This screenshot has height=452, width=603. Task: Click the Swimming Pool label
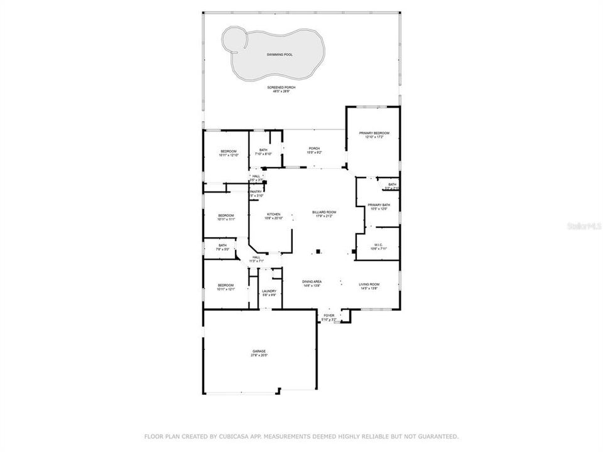tap(280, 55)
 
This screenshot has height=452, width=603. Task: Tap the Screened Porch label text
tap(281, 88)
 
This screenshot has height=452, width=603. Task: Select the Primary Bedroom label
tap(374, 133)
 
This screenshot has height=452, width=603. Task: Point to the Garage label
tap(259, 352)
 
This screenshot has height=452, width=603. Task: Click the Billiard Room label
tap(324, 213)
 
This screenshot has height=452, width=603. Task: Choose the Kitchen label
tap(273, 214)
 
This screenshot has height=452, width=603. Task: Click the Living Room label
tap(369, 284)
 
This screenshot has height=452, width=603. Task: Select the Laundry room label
tap(269, 291)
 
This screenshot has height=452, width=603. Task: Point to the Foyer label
tap(329, 316)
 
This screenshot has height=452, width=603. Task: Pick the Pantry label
tap(256, 191)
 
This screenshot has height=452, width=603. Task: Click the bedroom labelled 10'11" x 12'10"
tap(229, 151)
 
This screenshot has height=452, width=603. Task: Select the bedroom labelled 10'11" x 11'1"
tap(225, 215)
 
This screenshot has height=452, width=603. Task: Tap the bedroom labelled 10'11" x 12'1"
tap(225, 285)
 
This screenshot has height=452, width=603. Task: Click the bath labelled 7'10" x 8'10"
tap(263, 150)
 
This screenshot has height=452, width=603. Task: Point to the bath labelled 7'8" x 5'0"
tap(222, 245)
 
